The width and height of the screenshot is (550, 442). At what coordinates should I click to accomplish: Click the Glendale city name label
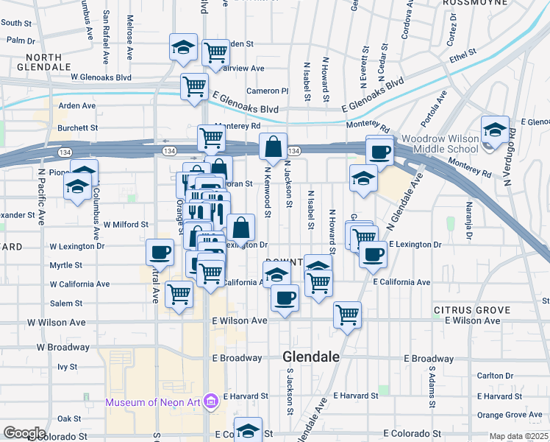click(311, 357)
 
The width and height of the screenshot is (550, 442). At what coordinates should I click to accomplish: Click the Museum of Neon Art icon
click(212, 401)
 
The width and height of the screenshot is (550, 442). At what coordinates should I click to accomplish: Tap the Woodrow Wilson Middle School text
click(440, 144)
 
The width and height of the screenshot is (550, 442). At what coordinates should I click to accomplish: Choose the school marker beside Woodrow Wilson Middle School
click(495, 130)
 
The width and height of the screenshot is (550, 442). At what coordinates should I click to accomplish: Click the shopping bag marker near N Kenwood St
click(274, 147)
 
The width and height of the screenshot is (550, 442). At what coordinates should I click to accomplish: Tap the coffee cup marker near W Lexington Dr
click(160, 253)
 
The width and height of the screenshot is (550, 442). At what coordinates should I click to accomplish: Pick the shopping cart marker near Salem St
click(179, 295)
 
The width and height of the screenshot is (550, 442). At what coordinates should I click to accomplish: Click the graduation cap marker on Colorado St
click(248, 430)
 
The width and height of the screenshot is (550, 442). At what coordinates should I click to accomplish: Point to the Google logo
click(24, 433)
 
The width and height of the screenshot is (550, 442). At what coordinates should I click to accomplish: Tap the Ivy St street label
click(68, 366)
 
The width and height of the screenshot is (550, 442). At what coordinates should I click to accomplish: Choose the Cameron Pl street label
click(268, 91)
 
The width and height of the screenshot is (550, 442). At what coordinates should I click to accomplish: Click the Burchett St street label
click(77, 127)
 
